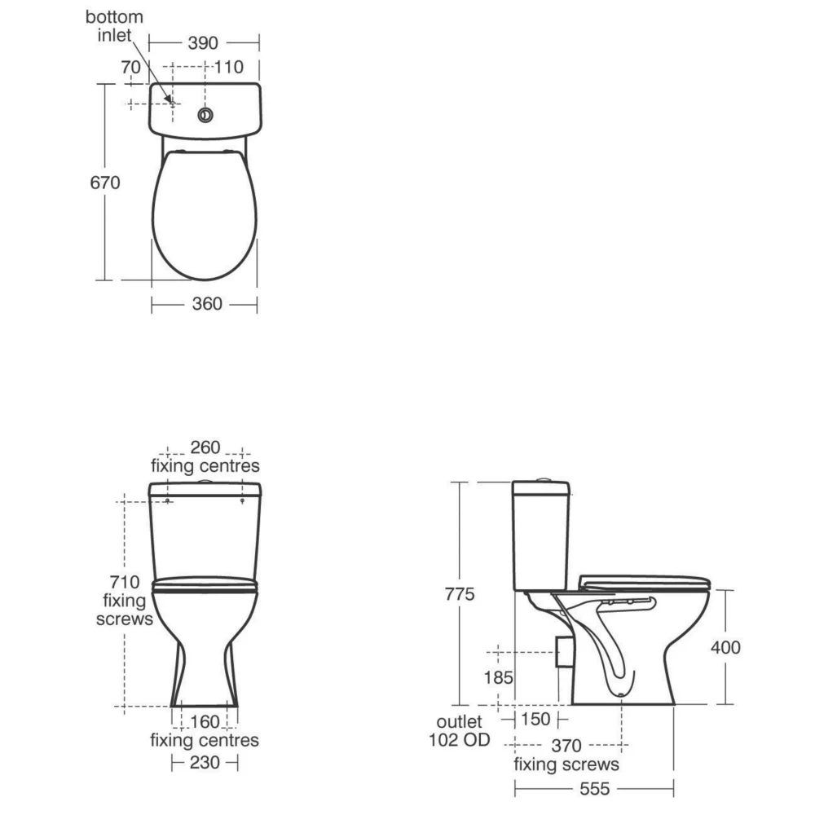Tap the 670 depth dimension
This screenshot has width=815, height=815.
105,183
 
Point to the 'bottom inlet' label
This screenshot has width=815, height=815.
115,26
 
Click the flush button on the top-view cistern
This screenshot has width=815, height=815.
206,114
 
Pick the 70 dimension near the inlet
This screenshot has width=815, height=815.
131,67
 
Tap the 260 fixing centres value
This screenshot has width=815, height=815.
206,447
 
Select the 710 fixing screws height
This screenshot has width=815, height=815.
126,583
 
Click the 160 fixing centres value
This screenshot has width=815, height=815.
205,722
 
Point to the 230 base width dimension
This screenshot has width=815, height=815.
205,763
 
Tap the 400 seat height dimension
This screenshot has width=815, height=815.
725,647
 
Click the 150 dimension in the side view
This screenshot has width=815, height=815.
535,720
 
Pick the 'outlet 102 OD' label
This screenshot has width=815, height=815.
460,730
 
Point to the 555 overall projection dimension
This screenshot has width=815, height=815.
593,789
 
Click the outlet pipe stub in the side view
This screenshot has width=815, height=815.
562,652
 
